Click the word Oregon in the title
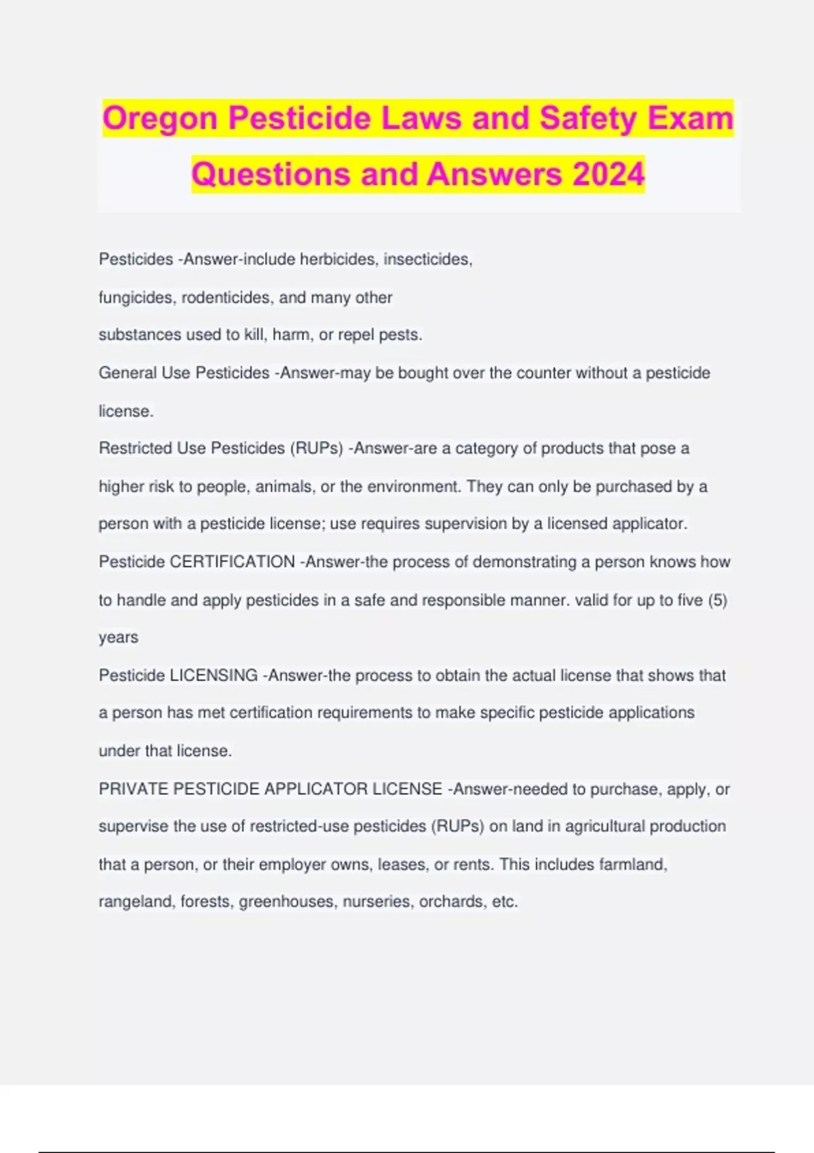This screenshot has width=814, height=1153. [x=161, y=119]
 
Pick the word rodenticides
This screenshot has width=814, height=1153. [x=227, y=298]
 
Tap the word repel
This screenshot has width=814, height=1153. [x=355, y=335]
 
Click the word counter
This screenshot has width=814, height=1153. [x=543, y=373]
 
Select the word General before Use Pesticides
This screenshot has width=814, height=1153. [x=128, y=373]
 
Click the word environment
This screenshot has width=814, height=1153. [x=412, y=487]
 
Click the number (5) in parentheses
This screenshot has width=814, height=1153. [x=717, y=600]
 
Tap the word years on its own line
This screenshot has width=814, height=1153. [x=119, y=638]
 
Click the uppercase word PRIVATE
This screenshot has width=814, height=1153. [x=134, y=789]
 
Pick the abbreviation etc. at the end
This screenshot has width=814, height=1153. [x=505, y=902]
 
